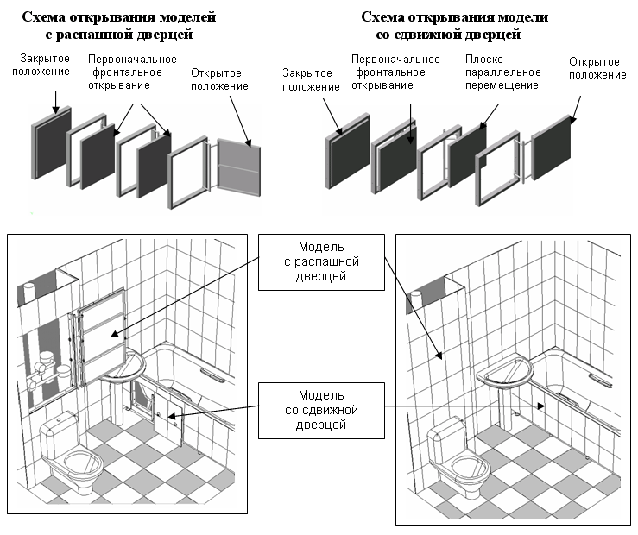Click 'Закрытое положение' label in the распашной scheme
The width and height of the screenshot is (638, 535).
41,66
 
